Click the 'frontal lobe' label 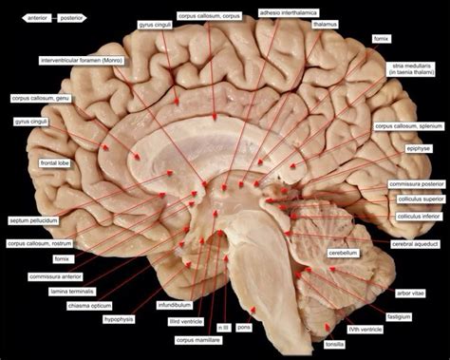click(x=29, y=164)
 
